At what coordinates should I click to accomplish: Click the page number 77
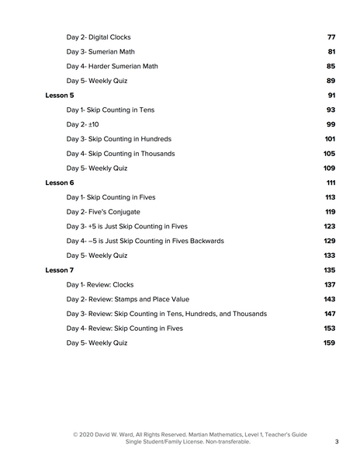(x=331, y=37)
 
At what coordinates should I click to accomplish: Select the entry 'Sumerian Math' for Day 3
(x=100, y=52)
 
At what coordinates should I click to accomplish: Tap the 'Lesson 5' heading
(x=60, y=96)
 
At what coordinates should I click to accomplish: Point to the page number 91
(x=331, y=96)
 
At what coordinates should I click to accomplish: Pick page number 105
(x=330, y=154)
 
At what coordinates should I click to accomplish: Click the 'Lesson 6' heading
(x=60, y=183)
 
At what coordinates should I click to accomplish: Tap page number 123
(x=330, y=226)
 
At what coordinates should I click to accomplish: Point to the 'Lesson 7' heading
(x=60, y=270)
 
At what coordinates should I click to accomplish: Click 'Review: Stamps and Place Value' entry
(x=127, y=299)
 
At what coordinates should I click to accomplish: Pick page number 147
(x=330, y=314)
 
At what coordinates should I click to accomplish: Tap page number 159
(x=330, y=343)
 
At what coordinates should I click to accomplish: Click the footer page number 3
(x=337, y=442)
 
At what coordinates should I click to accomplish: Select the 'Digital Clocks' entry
(x=99, y=37)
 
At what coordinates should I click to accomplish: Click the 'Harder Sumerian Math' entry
(x=112, y=66)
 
